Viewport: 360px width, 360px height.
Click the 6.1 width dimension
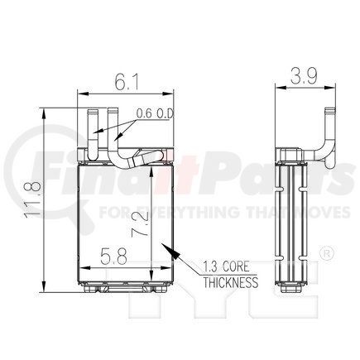126,82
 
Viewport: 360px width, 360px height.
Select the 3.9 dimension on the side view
304,75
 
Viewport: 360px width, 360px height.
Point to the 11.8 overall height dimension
33,199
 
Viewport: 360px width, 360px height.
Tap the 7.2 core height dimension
139,223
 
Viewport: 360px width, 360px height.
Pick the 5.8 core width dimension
113,256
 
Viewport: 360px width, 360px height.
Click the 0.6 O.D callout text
155,113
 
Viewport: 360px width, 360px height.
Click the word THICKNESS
231,282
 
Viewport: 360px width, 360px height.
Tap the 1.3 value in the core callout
211,266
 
